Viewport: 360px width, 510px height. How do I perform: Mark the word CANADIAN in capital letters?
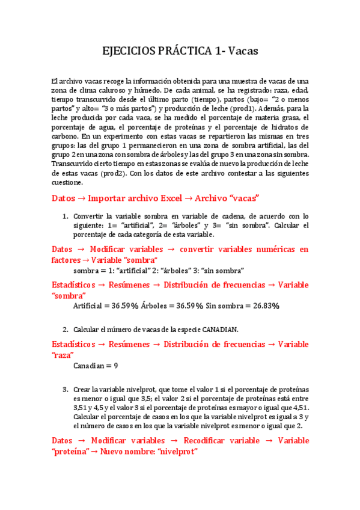pos(218,329)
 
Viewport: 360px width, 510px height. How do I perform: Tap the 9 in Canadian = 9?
pos(115,365)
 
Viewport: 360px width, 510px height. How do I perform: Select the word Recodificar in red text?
pos(211,441)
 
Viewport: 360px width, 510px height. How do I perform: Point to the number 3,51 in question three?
pos(81,408)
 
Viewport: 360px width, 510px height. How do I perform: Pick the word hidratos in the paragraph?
pos(282,127)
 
